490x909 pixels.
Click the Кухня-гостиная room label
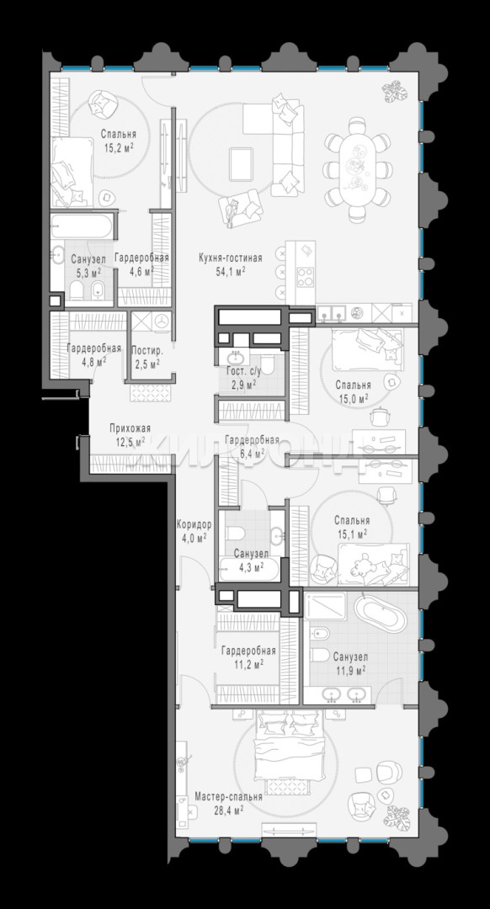[230, 258]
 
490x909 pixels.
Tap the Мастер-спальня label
[228, 797]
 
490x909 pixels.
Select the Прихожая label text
[130, 428]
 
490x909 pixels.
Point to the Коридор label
[194, 524]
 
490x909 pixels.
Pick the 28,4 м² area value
[227, 809]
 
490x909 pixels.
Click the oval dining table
[358, 169]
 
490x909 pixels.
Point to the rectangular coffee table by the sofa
[242, 164]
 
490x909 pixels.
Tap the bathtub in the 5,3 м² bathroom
[83, 226]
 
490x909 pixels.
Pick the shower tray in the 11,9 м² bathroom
[325, 606]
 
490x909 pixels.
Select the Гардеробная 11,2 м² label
[248, 657]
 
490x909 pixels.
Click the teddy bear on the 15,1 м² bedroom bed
[364, 566]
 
